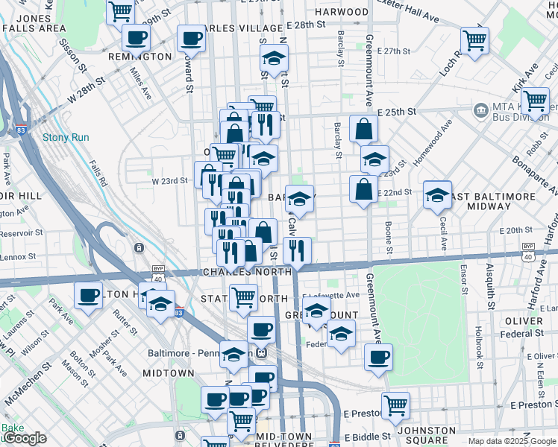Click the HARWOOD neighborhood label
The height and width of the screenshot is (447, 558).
tap(342, 12)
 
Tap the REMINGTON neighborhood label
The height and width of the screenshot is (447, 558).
tap(139, 57)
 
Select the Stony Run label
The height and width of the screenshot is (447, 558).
tap(66, 137)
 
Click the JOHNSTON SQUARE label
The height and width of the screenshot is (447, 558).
tap(427, 435)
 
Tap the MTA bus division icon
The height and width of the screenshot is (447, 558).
tap(480, 111)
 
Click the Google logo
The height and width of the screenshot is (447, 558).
tap(25, 438)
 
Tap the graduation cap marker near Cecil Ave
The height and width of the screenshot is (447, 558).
tap(437, 195)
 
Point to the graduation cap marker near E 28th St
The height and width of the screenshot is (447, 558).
tap(275, 58)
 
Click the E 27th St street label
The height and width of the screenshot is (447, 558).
tap(394, 51)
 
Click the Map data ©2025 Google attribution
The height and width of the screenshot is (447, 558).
tap(512, 441)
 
